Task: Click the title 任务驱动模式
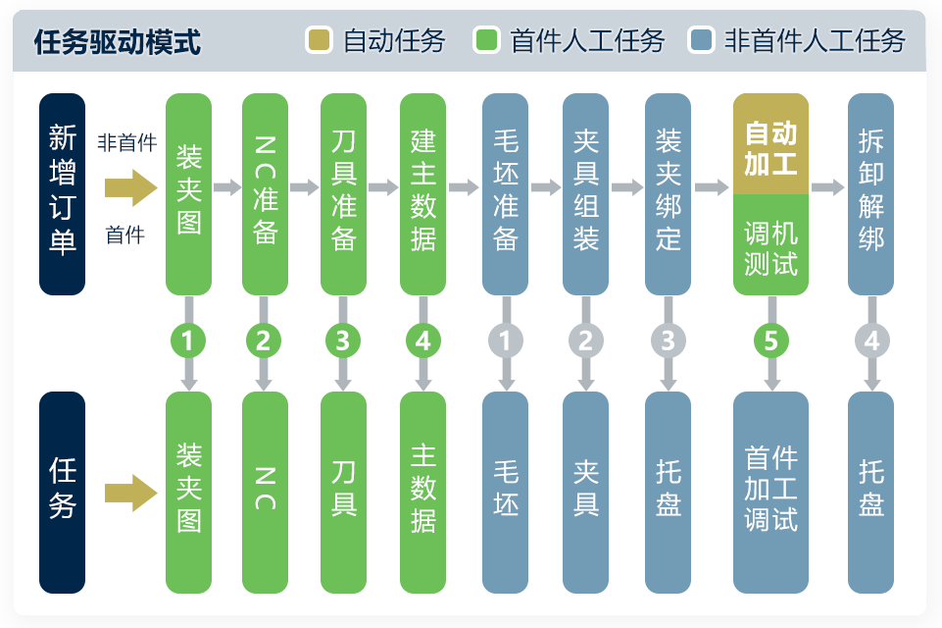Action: (118, 41)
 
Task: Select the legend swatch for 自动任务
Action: (320, 41)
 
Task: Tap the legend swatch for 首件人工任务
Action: (487, 41)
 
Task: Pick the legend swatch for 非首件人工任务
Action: (701, 41)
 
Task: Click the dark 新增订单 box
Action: (63, 193)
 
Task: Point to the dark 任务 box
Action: (63, 492)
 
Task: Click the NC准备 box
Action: (265, 193)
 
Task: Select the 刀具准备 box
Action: (343, 193)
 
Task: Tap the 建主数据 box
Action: (423, 193)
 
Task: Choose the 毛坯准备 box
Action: (506, 193)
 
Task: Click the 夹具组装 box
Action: (586, 193)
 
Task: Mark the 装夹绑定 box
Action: (669, 193)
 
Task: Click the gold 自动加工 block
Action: (770, 144)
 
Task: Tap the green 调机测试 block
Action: (770, 245)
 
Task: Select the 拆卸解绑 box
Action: (871, 193)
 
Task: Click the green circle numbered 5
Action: (770, 340)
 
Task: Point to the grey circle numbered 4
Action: (871, 340)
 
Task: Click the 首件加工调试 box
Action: (770, 492)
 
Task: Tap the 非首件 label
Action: (126, 143)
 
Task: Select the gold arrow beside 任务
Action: (130, 492)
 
